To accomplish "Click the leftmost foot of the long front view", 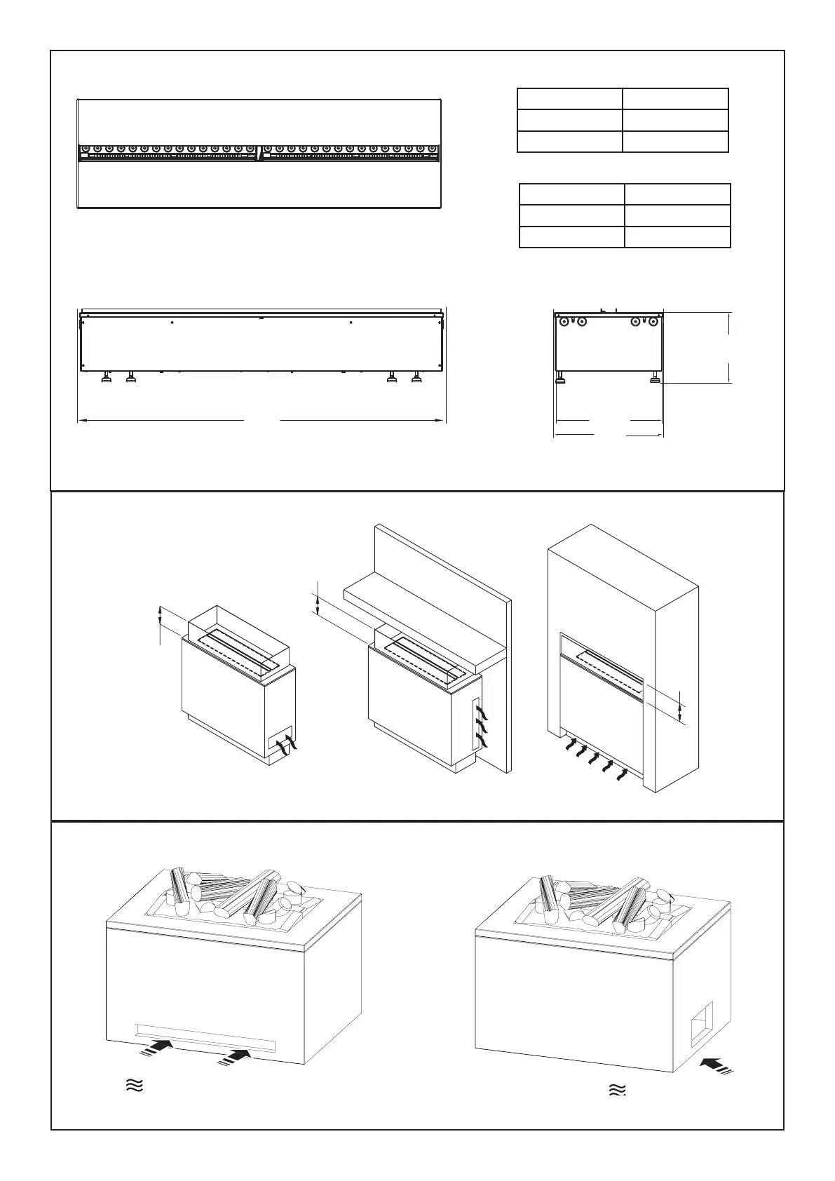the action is click(106, 379).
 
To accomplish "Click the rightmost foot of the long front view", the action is click(418, 379).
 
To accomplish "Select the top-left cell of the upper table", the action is click(569, 99).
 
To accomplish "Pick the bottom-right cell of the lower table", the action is click(677, 237).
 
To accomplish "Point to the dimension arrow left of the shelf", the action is click(318, 604).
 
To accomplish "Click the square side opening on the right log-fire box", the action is click(701, 1025).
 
